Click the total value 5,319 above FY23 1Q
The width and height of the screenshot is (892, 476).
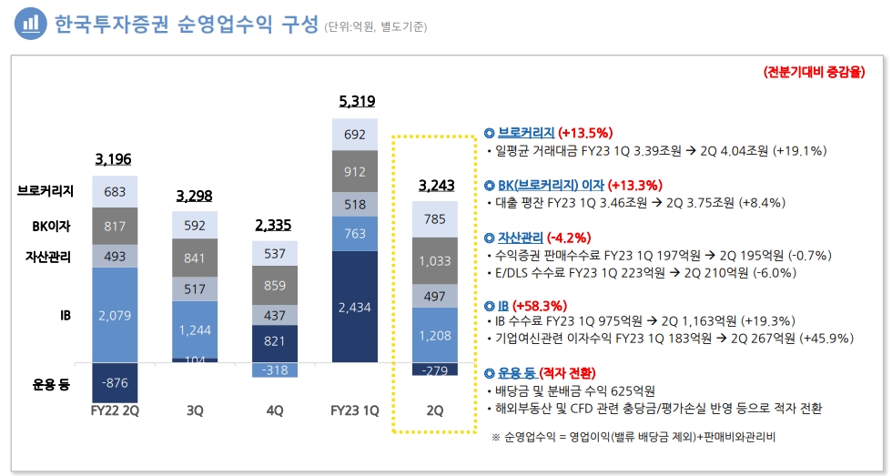(357, 101)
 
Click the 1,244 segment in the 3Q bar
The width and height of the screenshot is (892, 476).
(194, 329)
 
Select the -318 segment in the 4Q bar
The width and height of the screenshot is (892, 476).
(275, 370)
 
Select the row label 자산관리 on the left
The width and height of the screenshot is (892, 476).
(48, 256)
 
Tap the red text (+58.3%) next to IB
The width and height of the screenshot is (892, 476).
(544, 306)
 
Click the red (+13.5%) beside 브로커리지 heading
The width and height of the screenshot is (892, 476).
(584, 132)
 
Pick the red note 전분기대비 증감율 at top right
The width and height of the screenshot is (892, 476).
(814, 73)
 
